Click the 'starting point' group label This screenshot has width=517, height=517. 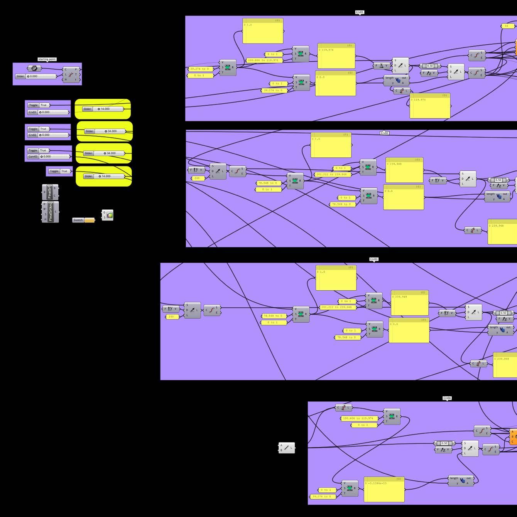point(47,59)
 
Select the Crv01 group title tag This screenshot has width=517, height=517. point(360,12)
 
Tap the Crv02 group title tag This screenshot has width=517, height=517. point(384,133)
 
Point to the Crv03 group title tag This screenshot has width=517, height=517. point(374,259)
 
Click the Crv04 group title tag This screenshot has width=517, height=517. point(447,398)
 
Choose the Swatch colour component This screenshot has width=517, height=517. point(84,220)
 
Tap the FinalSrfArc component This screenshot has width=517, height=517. point(51,212)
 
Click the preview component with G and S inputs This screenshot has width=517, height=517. point(108,215)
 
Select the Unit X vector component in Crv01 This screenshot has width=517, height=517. point(382,66)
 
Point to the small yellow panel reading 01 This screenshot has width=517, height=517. point(507,26)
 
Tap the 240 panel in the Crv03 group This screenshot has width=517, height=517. point(171,317)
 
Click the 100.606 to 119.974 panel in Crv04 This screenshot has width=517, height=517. point(359,418)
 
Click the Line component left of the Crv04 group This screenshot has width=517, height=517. point(287,448)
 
